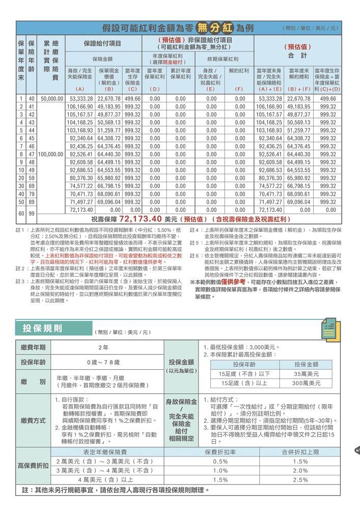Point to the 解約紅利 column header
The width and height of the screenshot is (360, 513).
tap(239, 71)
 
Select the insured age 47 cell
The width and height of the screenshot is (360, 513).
tap(32, 153)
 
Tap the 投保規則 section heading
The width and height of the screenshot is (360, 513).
tap(43, 327)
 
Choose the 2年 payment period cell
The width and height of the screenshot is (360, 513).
tap(103, 347)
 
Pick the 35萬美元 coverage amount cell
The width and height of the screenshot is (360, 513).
tap(306, 373)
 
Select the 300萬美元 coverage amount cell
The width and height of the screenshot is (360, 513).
tap(306, 383)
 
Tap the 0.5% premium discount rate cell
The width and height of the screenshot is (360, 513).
tap(220, 461)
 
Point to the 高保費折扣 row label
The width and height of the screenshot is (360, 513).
tap(33, 466)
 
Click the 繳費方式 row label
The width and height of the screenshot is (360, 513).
tap(33, 421)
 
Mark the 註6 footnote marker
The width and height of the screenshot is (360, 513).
tap(193, 255)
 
